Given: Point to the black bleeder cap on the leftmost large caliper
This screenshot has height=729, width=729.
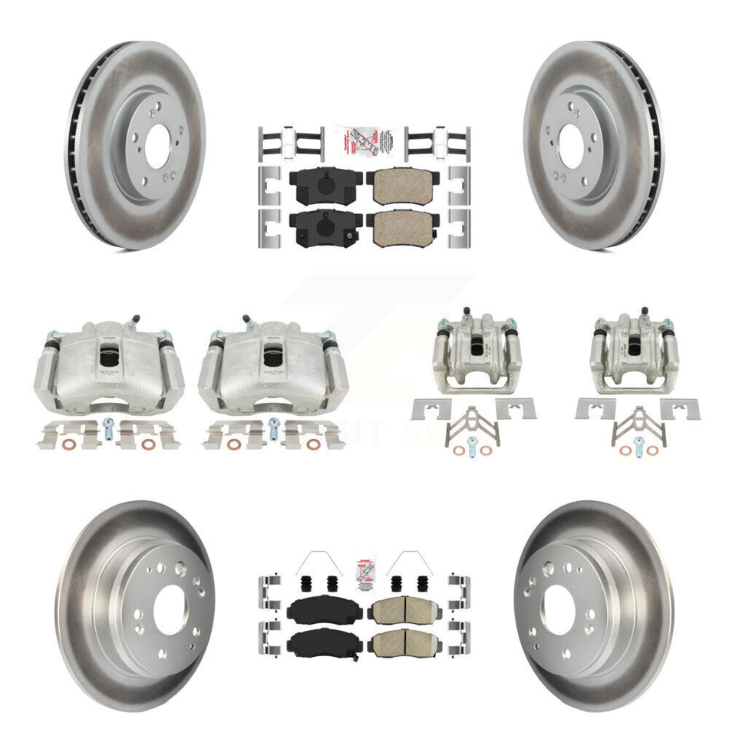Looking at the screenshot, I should (135, 318).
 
